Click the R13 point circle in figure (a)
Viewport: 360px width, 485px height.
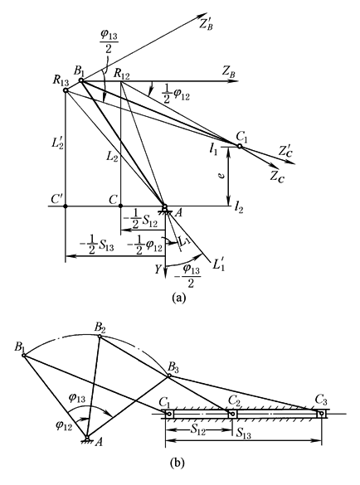pos(66,90)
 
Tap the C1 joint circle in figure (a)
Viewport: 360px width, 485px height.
pos(240,146)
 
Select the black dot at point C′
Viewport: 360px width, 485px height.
pos(66,206)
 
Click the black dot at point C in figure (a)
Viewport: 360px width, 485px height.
pos(121,206)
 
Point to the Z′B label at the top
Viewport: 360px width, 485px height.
pos(206,24)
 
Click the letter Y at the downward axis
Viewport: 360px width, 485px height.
pos(158,269)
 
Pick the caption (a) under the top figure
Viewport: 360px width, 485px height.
pos(179,298)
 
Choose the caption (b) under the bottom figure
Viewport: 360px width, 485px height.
pos(178,463)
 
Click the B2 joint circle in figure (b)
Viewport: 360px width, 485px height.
pos(100,337)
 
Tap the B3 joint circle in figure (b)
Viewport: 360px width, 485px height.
pos(169,376)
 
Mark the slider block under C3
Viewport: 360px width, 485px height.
pos(322,414)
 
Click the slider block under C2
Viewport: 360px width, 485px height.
pos(232,414)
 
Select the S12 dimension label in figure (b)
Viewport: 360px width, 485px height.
pos(197,431)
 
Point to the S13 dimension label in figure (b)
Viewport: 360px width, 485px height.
pos(244,434)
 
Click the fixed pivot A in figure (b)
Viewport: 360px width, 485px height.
pos(87,438)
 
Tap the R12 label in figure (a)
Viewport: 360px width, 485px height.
pos(122,73)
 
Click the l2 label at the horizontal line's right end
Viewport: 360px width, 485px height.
pos(239,208)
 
